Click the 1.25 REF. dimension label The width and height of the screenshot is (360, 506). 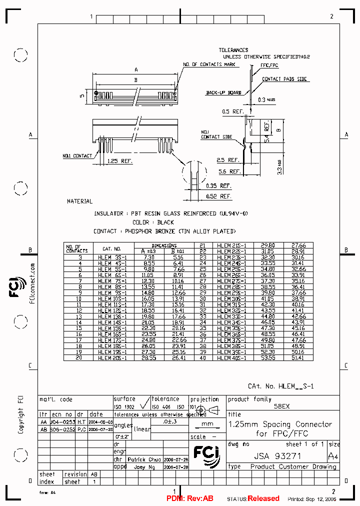click(x=119, y=161)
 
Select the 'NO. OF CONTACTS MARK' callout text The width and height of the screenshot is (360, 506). click(x=208, y=64)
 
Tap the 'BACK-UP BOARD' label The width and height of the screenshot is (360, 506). click(x=223, y=92)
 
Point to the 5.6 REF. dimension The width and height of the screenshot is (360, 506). click(x=229, y=171)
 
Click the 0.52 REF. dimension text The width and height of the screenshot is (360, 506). click(x=219, y=196)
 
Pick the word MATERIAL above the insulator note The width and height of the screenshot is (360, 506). click(x=80, y=201)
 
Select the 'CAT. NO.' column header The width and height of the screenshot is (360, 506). click(x=112, y=248)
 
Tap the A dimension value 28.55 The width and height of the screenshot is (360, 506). click(x=149, y=358)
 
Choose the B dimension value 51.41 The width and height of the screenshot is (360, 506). click(x=298, y=358)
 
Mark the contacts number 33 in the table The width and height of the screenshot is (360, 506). click(x=202, y=316)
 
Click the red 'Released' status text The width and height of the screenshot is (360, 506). click(x=263, y=498)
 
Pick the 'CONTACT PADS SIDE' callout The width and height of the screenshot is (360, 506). click(x=284, y=79)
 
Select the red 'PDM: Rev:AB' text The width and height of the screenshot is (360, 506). click(x=190, y=498)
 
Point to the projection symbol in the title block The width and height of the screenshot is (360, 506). click(x=208, y=410)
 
